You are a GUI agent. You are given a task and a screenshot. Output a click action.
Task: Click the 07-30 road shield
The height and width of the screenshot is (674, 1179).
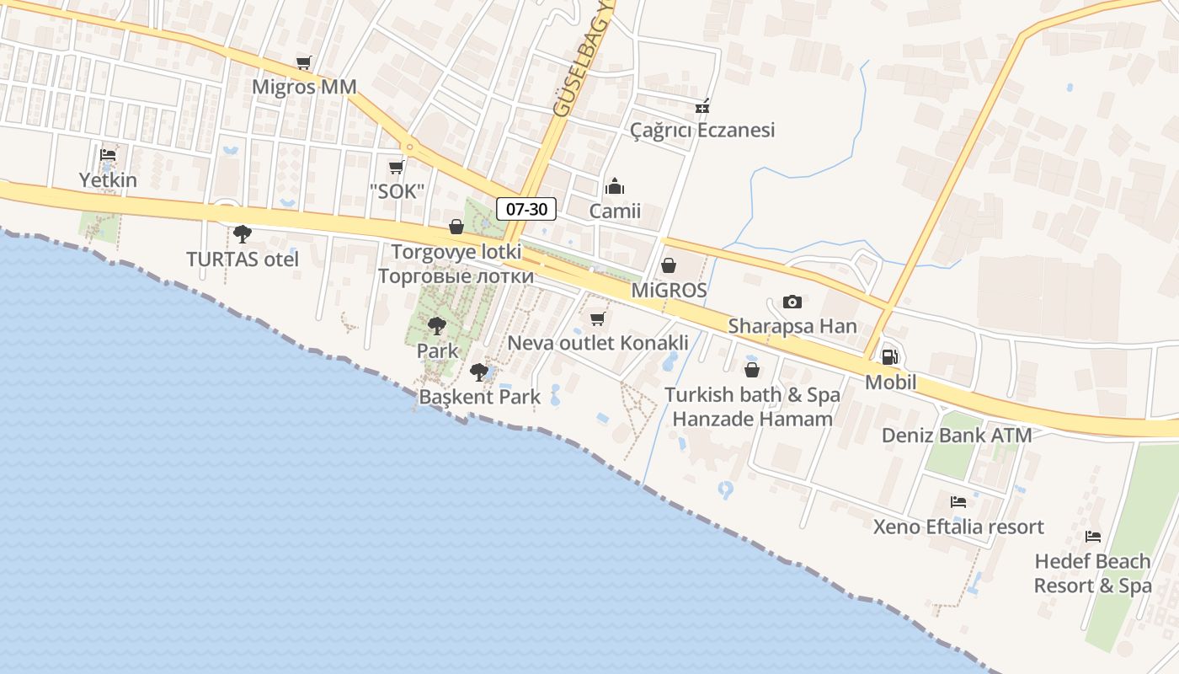pyautogui.click(x=526, y=209)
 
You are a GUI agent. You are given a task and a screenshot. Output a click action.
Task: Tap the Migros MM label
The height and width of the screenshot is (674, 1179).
pyautogui.click(x=305, y=87)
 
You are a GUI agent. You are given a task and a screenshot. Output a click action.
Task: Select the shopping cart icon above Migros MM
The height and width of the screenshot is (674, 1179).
pyautogui.click(x=304, y=62)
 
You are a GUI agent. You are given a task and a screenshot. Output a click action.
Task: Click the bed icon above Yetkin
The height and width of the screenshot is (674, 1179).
pyautogui.click(x=108, y=155)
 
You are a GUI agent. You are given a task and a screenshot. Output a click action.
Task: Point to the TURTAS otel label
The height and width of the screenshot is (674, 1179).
pyautogui.click(x=243, y=259)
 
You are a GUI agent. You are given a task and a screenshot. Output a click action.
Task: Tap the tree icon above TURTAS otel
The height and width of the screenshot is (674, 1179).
pyautogui.click(x=243, y=233)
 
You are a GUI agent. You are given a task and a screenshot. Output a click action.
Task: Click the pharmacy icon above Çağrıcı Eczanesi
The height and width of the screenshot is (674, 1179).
pyautogui.click(x=702, y=106)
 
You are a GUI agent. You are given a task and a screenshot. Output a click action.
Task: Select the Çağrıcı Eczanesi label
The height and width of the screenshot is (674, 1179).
pyautogui.click(x=702, y=130)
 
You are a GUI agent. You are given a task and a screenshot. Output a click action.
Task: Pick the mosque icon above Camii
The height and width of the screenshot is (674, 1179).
pyautogui.click(x=615, y=186)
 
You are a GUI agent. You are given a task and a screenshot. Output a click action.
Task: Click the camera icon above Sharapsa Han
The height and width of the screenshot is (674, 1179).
pyautogui.click(x=792, y=302)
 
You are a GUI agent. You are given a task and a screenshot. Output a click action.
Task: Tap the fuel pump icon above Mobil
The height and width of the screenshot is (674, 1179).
pyautogui.click(x=890, y=357)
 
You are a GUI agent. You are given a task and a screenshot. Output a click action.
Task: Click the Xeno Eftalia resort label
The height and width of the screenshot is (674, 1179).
pyautogui.click(x=958, y=527)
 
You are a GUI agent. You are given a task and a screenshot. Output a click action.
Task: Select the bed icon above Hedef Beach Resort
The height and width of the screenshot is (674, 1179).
pyautogui.click(x=1093, y=536)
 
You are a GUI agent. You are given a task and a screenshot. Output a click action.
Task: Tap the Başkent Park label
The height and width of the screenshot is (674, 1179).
pyautogui.click(x=480, y=396)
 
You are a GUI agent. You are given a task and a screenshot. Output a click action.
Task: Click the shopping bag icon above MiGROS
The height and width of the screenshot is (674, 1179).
pyautogui.click(x=669, y=266)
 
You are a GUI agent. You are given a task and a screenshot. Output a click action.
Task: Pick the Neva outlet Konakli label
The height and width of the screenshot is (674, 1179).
pyautogui.click(x=598, y=343)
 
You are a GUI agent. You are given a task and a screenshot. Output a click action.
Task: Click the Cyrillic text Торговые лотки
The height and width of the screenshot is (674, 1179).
pyautogui.click(x=456, y=276)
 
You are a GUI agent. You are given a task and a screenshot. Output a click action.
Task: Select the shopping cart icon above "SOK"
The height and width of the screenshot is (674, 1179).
pyautogui.click(x=396, y=167)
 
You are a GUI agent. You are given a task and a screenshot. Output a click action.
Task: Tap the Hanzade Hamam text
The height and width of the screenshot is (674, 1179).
pyautogui.click(x=752, y=418)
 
